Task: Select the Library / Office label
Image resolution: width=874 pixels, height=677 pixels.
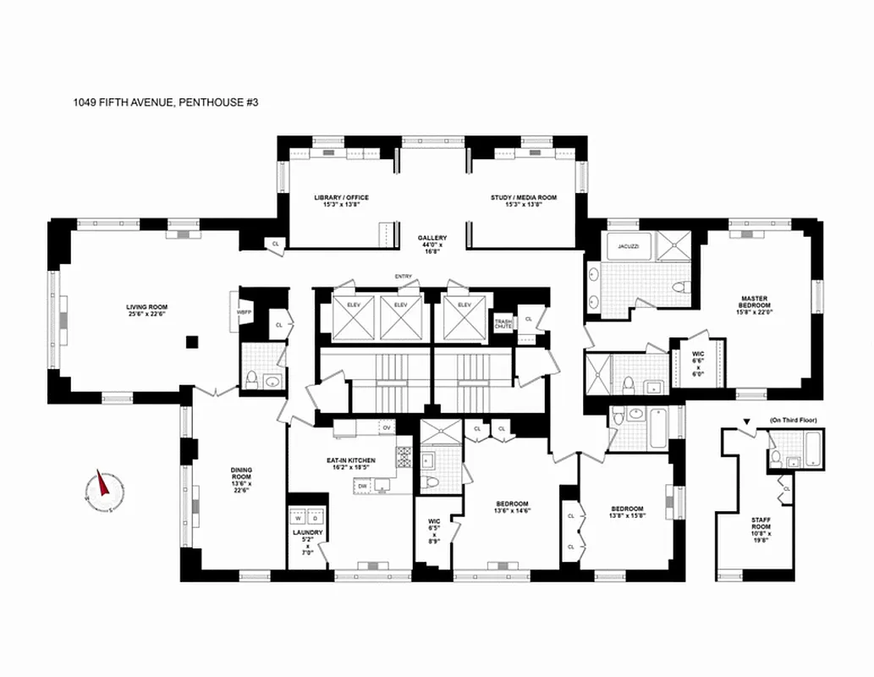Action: pyautogui.click(x=341, y=201)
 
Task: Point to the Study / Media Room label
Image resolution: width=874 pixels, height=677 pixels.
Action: pyautogui.click(x=523, y=201)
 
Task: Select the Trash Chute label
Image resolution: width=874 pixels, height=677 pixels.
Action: pyautogui.click(x=503, y=322)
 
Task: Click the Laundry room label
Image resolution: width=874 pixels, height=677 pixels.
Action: pyautogui.click(x=307, y=540)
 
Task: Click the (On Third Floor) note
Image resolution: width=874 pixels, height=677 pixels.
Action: pyautogui.click(x=792, y=421)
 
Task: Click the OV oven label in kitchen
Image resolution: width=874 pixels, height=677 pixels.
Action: pyautogui.click(x=386, y=429)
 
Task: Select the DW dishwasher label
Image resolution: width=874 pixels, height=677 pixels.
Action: pyautogui.click(x=361, y=487)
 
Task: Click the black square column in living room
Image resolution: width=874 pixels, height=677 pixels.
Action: pyautogui.click(x=193, y=342)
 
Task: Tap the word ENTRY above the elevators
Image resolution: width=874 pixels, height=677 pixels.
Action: pyautogui.click(x=402, y=277)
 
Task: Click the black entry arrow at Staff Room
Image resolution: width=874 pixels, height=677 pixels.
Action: pyautogui.click(x=745, y=421)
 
